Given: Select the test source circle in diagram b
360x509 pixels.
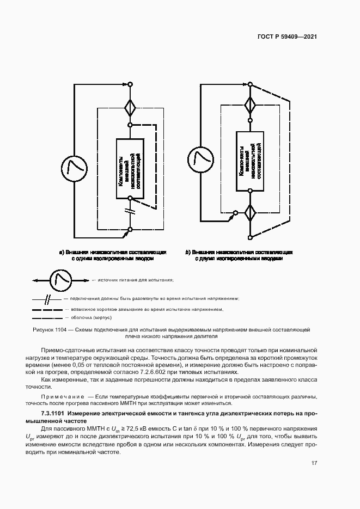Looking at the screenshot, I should click(198, 158).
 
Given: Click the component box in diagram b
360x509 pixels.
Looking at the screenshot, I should click(251, 161).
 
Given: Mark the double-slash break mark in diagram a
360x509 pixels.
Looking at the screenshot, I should click(131, 210).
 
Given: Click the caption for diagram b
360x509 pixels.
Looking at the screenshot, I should click(239, 256).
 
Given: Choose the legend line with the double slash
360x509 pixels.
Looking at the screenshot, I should click(48, 299).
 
